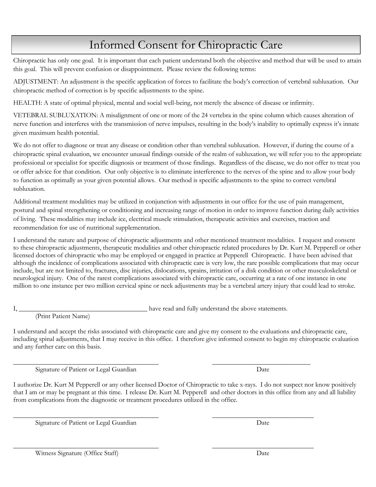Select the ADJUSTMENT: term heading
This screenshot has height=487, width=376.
tap(36, 82)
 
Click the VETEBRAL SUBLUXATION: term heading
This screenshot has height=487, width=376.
tap(55, 115)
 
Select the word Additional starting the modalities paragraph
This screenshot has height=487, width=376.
tap(27, 202)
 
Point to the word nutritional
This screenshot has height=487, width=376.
tap(100, 228)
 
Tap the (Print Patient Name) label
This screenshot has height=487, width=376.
tap(63, 316)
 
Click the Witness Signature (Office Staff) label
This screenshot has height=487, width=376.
tap(77, 453)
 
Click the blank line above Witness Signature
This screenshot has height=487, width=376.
tap(86, 448)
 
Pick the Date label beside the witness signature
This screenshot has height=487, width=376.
tap(263, 453)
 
